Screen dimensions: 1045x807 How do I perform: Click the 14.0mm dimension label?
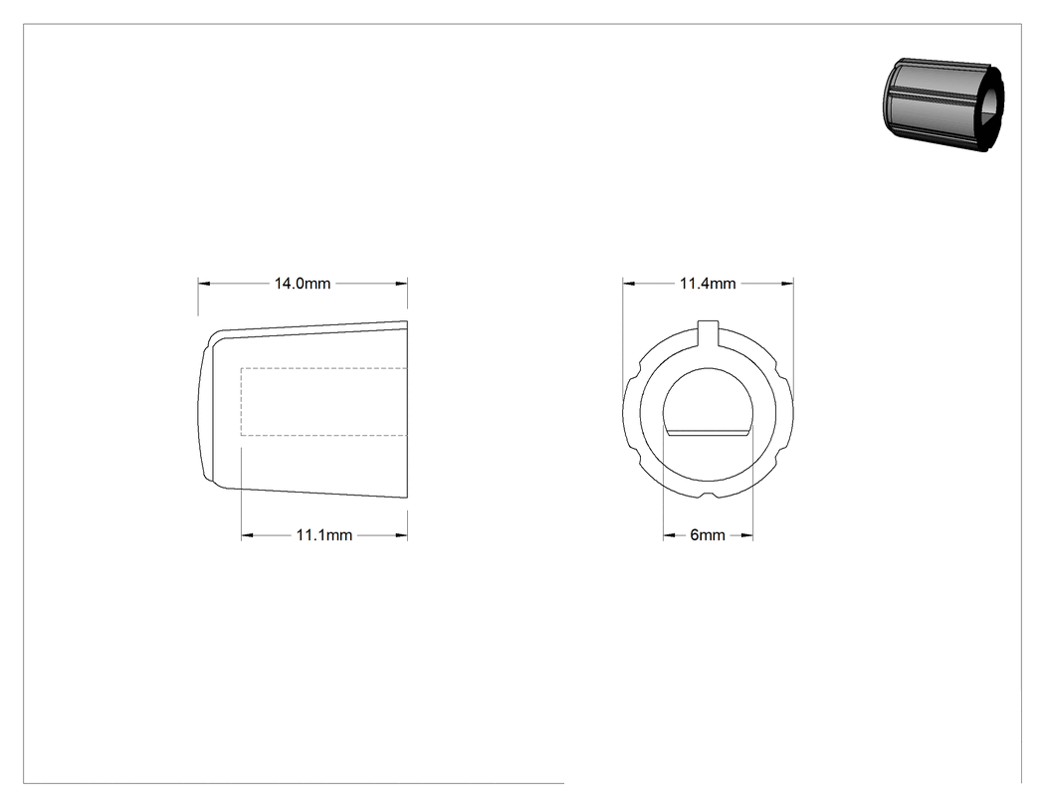click(302, 284)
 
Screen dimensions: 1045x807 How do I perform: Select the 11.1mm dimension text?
click(323, 535)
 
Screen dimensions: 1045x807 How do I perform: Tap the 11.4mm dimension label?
click(708, 284)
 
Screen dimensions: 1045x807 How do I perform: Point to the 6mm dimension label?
click(708, 535)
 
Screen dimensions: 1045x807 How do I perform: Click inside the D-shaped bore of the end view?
click(708, 403)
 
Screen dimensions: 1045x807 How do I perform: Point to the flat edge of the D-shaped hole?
click(708, 432)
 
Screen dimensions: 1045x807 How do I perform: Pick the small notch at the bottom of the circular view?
click(709, 495)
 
